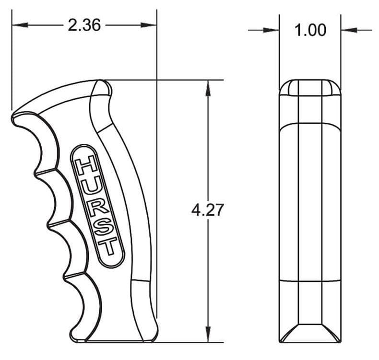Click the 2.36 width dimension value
pos(84,25)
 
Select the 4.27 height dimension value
pos(207,210)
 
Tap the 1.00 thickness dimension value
pos(310,30)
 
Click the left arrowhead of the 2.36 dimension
pos(20,25)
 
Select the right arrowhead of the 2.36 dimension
pos(149,25)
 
